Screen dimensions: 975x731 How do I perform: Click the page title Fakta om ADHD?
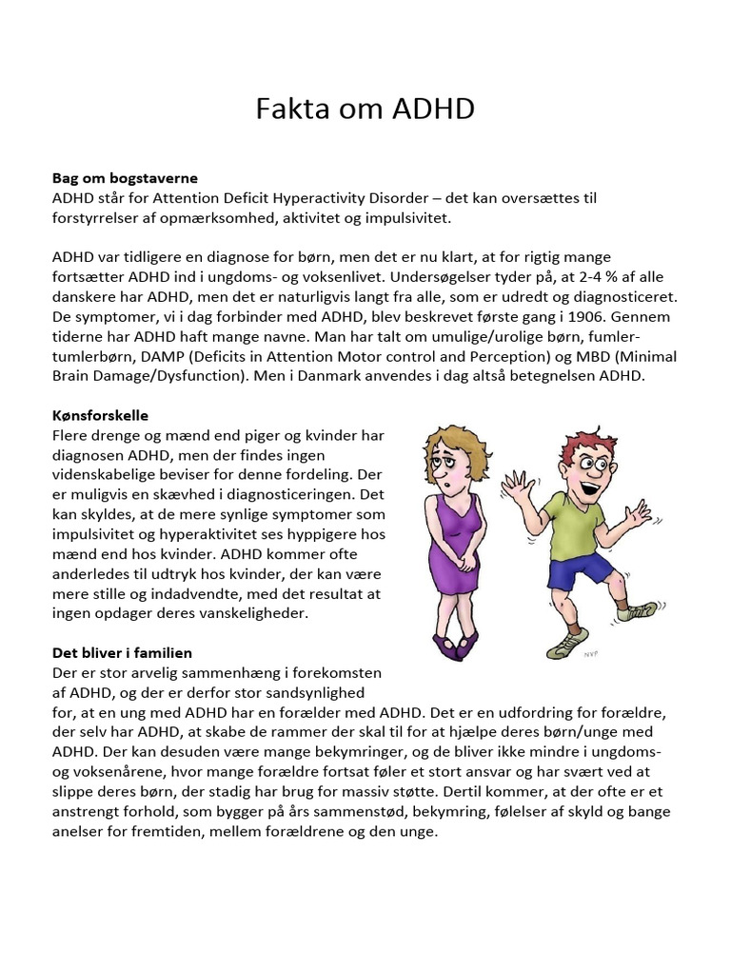click(365, 109)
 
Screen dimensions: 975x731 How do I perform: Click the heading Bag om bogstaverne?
click(125, 178)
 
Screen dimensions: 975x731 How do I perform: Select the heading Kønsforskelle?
click(100, 416)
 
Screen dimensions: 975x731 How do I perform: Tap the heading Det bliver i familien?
click(122, 652)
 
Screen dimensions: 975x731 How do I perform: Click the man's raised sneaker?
click(636, 610)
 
